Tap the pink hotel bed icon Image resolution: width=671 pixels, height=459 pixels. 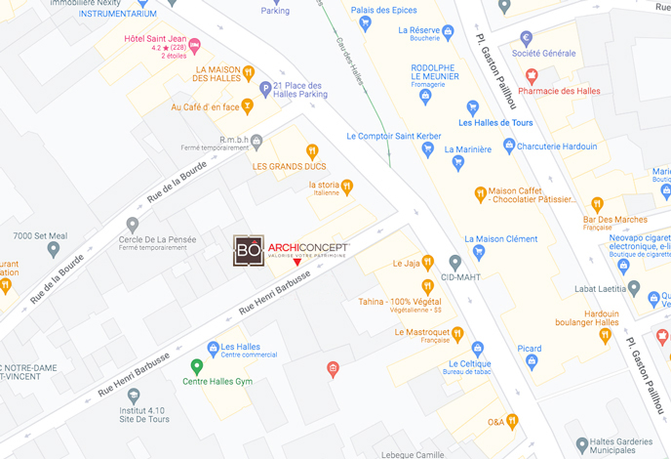[194, 44]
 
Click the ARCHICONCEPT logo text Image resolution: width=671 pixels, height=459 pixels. [308, 247]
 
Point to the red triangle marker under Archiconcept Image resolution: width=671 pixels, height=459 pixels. [297, 263]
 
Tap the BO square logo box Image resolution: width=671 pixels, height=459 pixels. [248, 250]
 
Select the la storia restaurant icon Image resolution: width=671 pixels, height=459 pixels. [346, 186]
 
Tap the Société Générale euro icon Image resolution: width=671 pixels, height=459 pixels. [527, 39]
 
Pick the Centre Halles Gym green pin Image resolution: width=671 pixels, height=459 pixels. [196, 367]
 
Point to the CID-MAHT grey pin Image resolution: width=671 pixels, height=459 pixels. [454, 263]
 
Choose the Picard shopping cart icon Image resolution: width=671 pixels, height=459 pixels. [532, 362]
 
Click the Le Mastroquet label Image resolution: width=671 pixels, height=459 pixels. [421, 332]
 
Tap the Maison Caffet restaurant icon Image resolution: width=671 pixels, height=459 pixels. [480, 193]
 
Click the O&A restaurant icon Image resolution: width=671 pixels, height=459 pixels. [512, 421]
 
